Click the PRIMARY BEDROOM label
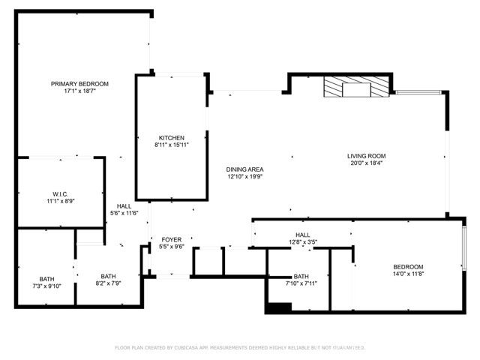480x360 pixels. (79, 83)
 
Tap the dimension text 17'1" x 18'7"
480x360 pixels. (79, 91)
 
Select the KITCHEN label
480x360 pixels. (171, 138)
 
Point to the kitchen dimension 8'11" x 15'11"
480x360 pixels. (171, 145)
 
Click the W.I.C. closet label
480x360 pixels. (60, 193)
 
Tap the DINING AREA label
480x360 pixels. (245, 169)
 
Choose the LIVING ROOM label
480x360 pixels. (366, 156)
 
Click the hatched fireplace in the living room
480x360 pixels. (357, 88)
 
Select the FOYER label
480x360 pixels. (172, 239)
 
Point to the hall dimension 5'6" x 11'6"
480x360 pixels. (124, 214)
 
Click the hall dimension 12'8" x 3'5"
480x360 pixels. (303, 242)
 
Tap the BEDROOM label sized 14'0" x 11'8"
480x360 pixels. (408, 267)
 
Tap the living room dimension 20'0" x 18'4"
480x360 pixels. (366, 163)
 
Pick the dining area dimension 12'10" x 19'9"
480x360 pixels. (245, 177)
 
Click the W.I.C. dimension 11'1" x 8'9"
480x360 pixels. (60, 201)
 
